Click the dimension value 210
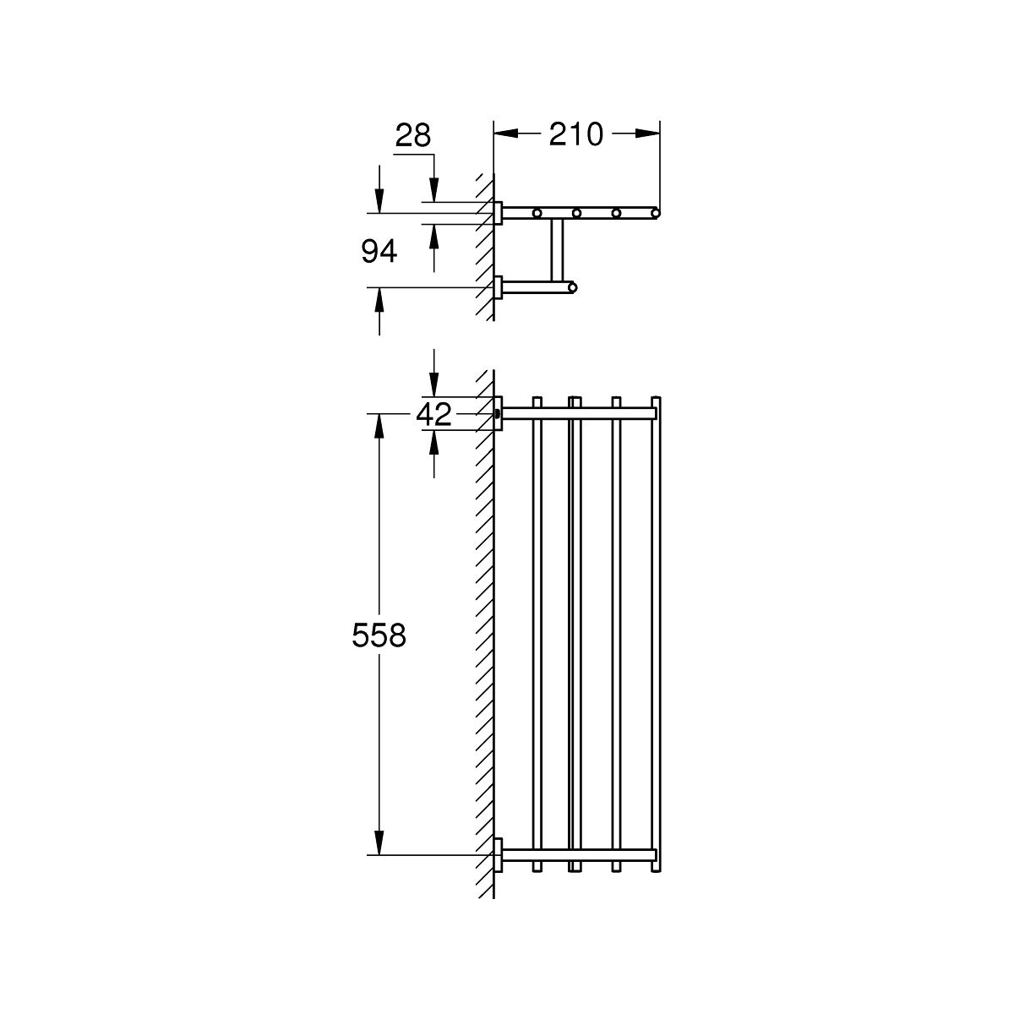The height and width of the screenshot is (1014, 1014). (575, 134)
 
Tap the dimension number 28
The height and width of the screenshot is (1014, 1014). (413, 136)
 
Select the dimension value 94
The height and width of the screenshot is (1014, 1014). (379, 252)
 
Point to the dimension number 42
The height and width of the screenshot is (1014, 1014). (433, 414)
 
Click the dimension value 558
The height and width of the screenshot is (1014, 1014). (379, 635)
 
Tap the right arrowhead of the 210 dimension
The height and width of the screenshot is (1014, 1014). (647, 134)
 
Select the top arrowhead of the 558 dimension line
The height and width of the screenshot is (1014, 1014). (379, 426)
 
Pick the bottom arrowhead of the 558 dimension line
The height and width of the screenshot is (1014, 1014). (379, 842)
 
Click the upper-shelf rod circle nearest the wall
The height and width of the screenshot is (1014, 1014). (537, 213)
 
